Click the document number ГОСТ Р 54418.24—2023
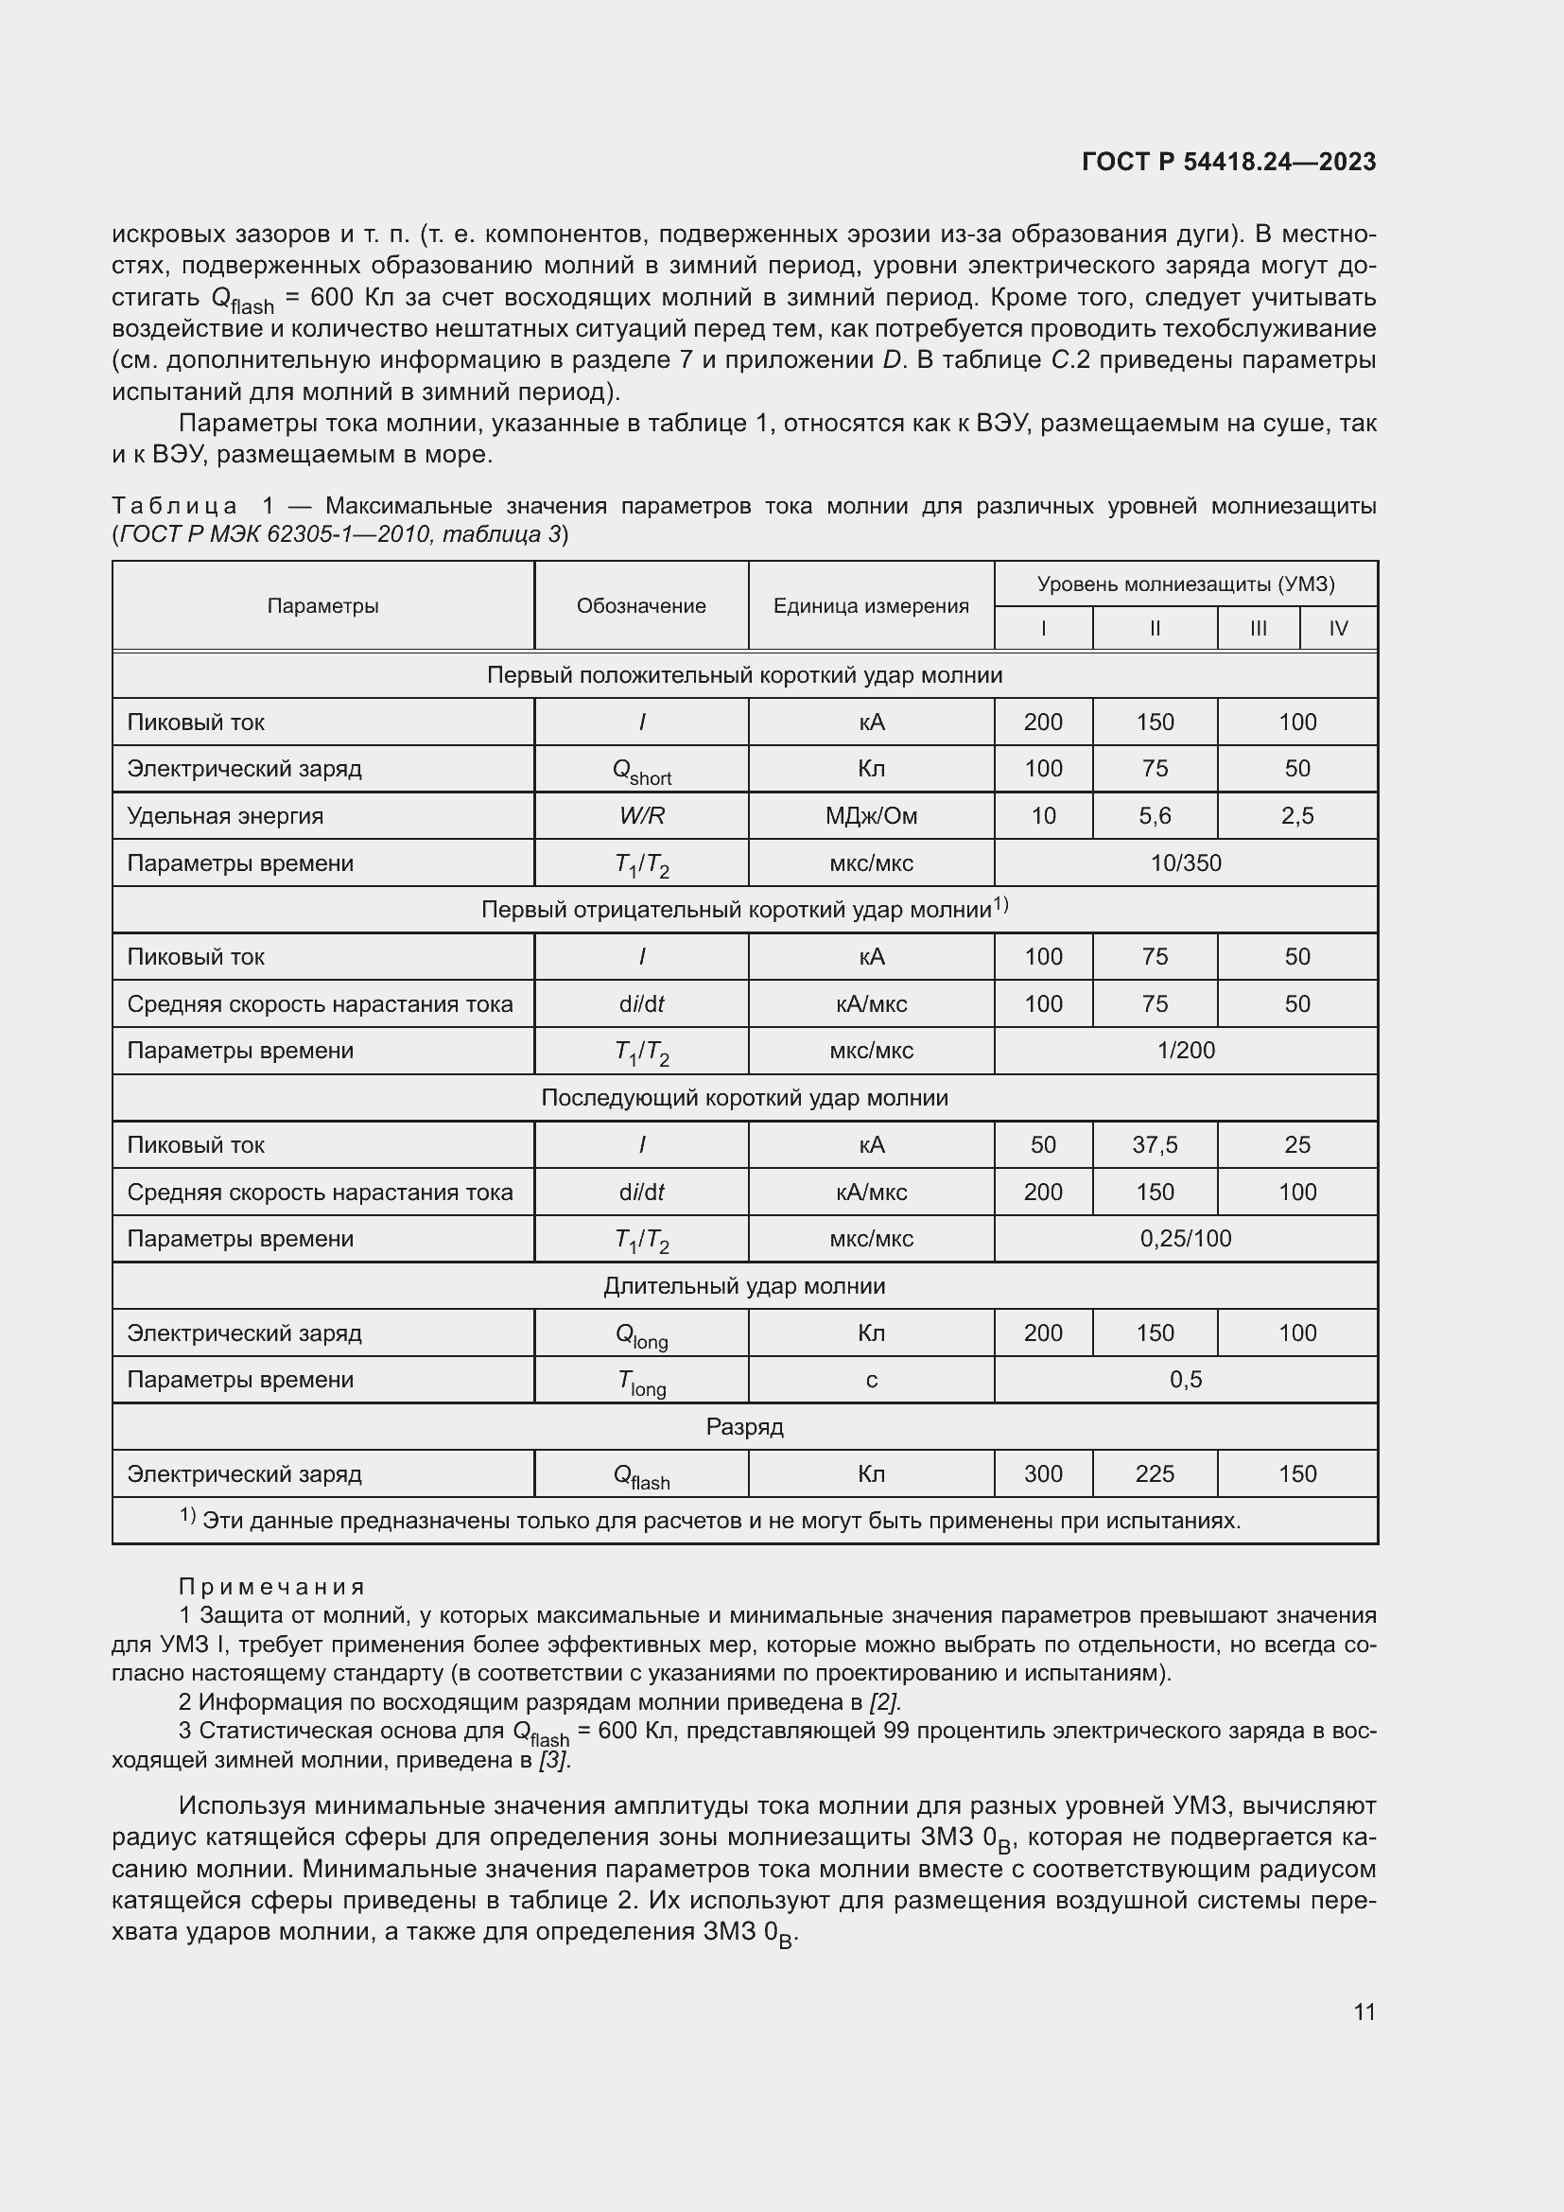(1228, 162)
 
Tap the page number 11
(1364, 2012)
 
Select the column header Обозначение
(640, 606)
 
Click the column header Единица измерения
(871, 606)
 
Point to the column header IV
(1338, 629)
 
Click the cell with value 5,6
(1154, 816)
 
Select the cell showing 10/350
(1185, 863)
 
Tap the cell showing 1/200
(1185, 1051)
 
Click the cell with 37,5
(1154, 1144)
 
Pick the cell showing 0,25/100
(1185, 1239)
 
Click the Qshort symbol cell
(641, 771)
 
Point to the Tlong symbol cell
(641, 1382)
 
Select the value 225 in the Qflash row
(1154, 1474)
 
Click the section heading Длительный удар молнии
(743, 1286)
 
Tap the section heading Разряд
(743, 1427)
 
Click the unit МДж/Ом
(871, 816)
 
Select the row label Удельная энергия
(224, 816)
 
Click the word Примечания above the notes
(271, 1587)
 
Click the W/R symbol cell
(641, 816)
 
